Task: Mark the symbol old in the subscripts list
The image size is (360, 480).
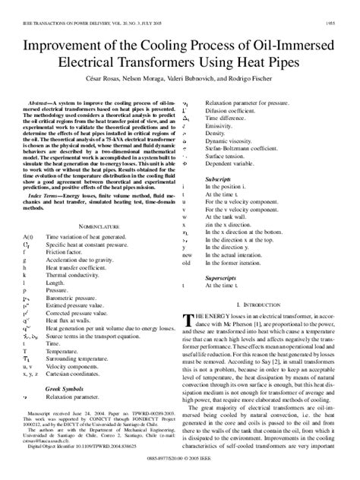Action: (188, 263)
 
